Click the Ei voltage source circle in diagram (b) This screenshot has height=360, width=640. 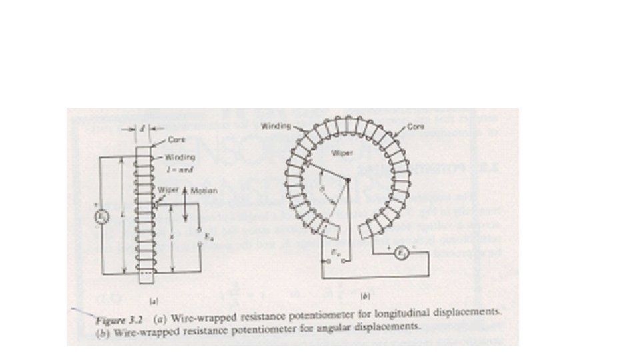click(x=398, y=253)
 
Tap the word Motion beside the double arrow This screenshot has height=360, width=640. click(x=205, y=191)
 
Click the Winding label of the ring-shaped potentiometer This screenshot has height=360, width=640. click(x=273, y=125)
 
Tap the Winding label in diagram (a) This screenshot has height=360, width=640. click(x=179, y=158)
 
